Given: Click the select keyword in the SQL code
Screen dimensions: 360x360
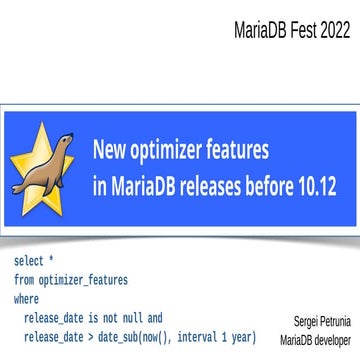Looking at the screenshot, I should click(27, 262).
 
